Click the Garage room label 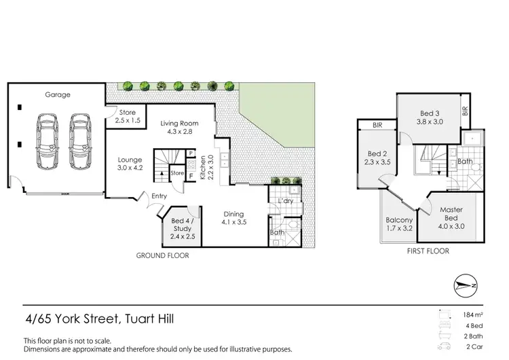(58, 95)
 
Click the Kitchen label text (202, 165)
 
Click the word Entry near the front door (159, 196)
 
